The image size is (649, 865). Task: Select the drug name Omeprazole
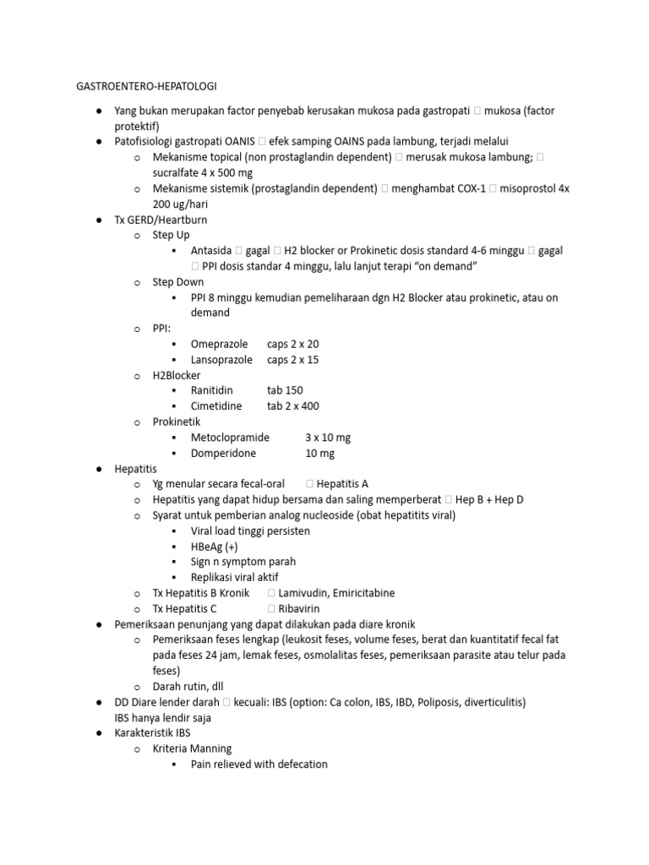(220, 344)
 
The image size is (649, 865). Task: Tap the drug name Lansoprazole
(221, 359)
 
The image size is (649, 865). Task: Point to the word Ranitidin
(212, 390)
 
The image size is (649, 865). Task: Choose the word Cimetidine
(216, 405)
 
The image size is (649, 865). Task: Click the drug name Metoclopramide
(230, 438)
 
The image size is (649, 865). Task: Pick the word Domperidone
(224, 453)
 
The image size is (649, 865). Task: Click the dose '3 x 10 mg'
(328, 438)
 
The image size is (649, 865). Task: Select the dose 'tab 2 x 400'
(293, 405)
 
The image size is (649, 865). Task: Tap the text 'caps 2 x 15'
(293, 359)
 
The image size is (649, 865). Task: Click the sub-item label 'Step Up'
(172, 235)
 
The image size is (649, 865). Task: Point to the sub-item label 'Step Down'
(178, 282)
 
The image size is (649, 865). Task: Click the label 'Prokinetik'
(177, 422)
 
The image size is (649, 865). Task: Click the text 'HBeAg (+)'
(215, 547)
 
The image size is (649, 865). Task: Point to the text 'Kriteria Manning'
(192, 748)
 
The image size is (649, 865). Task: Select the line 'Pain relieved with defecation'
(259, 764)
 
